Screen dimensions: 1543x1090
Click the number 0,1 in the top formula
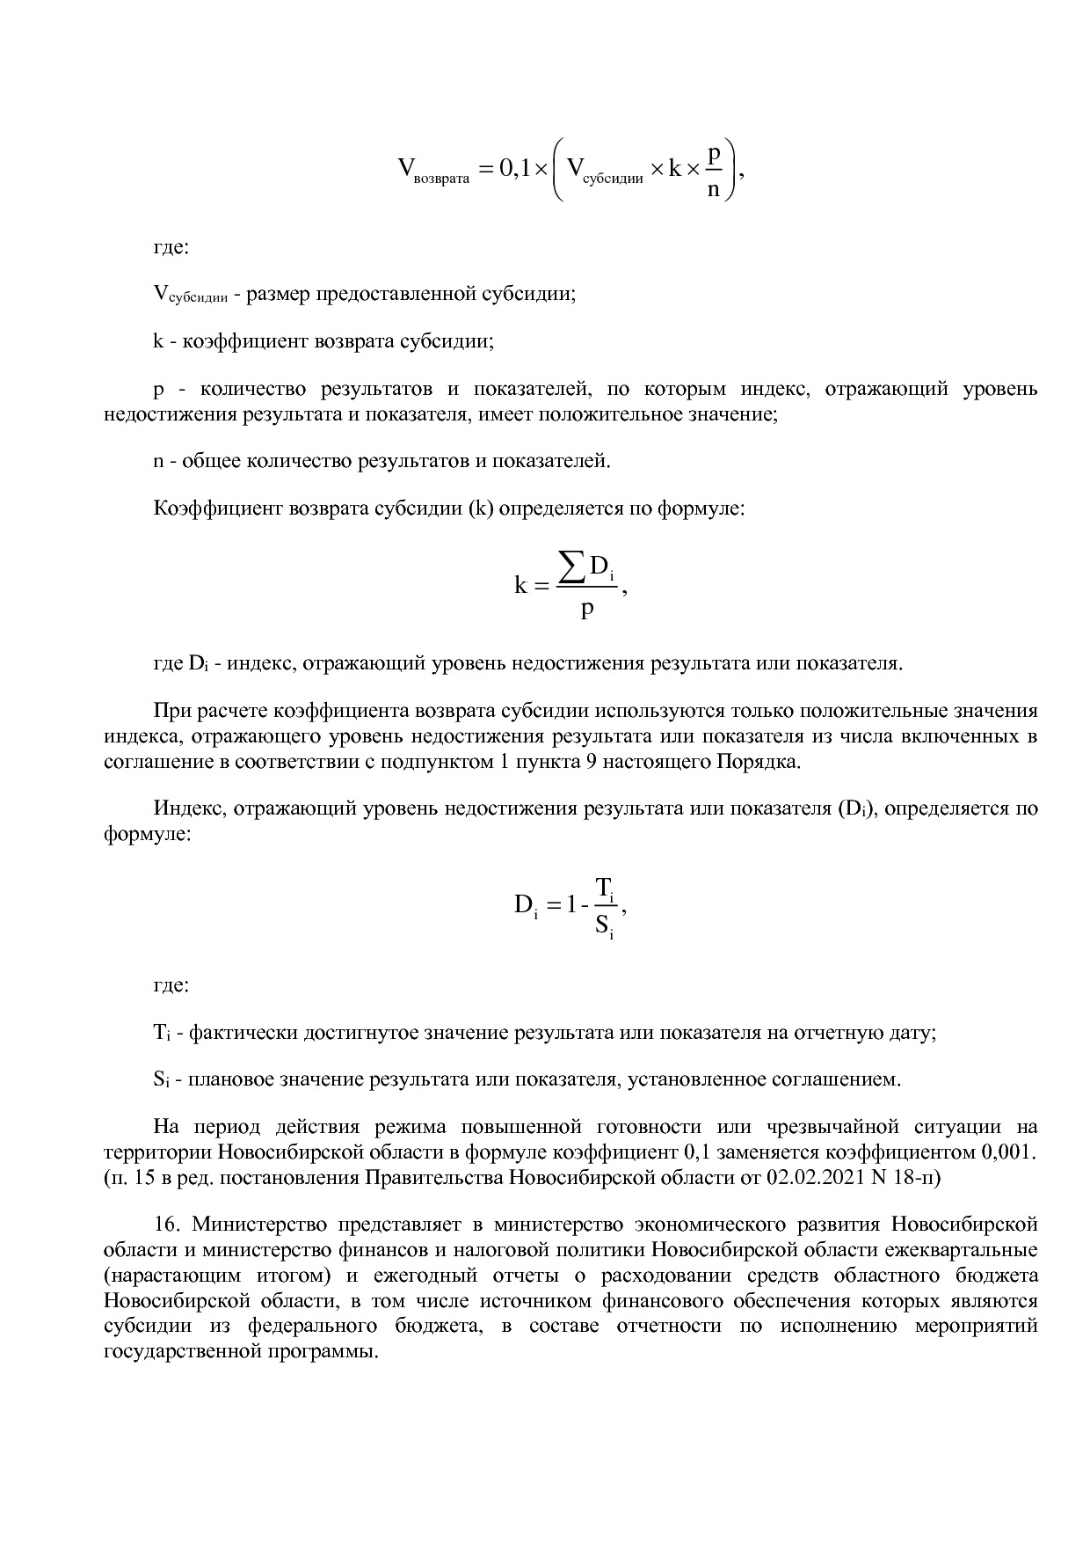point(514,167)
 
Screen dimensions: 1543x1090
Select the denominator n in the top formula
point(713,188)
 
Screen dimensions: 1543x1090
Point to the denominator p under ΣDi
point(587,607)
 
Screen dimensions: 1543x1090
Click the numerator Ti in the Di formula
point(606,887)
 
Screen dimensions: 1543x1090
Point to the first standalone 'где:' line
point(171,247)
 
